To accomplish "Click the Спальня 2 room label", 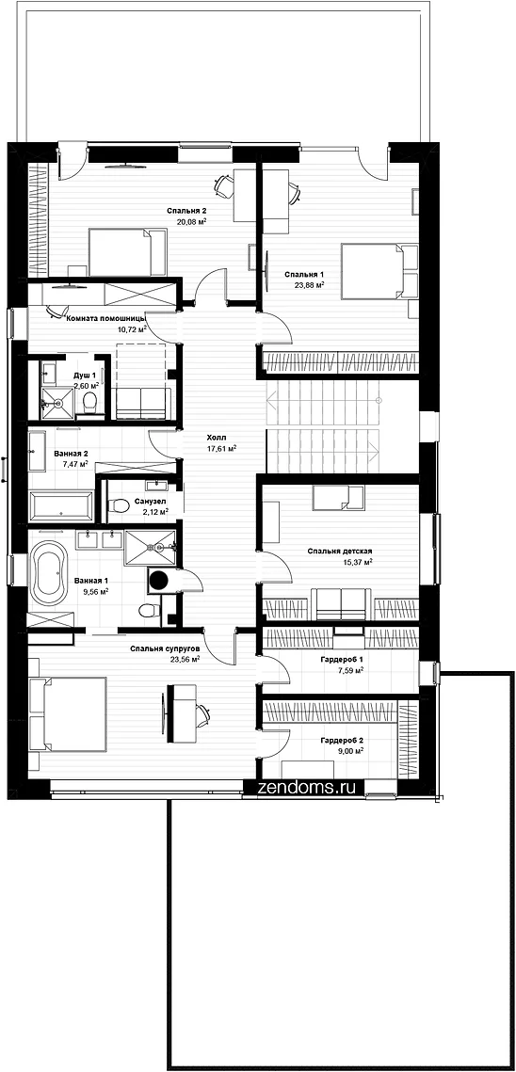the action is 186,211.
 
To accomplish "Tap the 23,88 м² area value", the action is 310,285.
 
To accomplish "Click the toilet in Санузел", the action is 121,506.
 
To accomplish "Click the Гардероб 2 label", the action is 342,740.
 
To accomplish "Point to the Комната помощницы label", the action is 105,319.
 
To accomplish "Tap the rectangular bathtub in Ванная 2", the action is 61,505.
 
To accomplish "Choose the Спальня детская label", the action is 339,551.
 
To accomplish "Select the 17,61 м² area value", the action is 221,449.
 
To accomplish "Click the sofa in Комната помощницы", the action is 141,404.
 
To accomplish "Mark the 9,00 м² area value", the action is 349,750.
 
